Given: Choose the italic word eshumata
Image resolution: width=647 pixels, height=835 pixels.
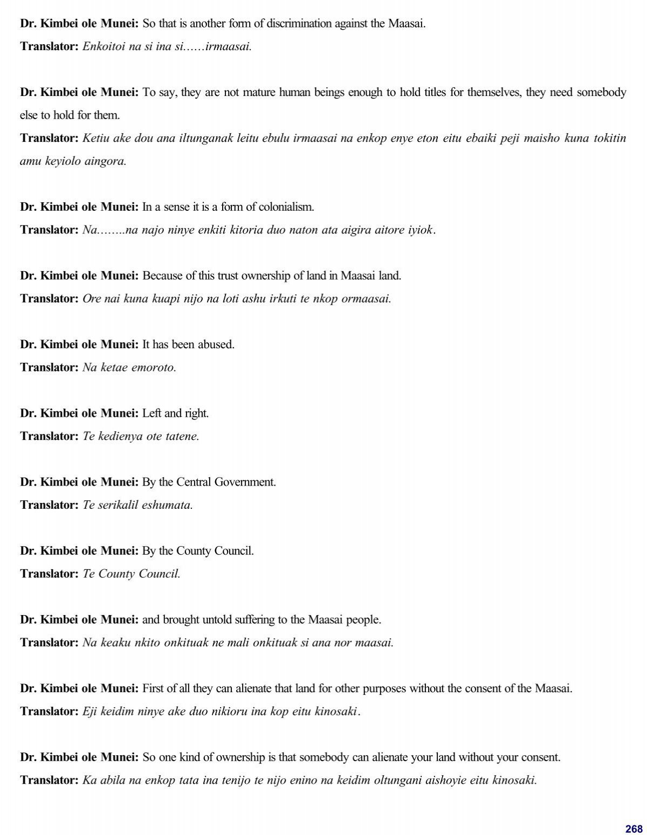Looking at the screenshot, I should [x=167, y=505].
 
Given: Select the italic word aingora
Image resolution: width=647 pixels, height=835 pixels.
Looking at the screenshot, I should [x=106, y=161].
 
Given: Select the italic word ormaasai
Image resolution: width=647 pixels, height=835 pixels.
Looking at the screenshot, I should [x=366, y=299].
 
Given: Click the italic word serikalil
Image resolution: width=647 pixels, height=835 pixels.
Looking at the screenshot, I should [x=119, y=505].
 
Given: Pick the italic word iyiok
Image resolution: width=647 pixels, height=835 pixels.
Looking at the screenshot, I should [x=421, y=230].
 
